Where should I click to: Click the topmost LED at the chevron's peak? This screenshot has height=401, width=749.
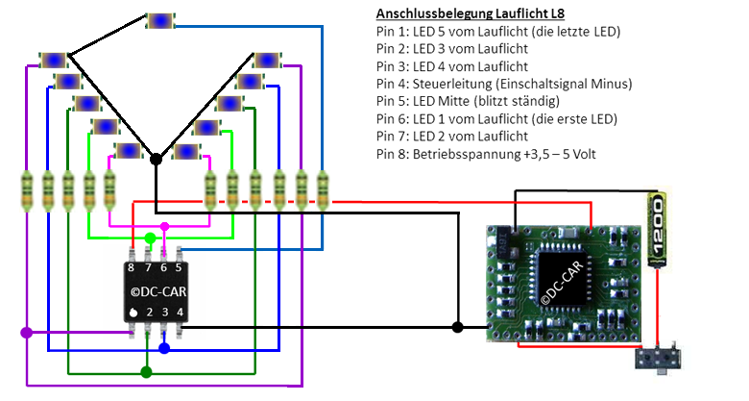(x=160, y=20)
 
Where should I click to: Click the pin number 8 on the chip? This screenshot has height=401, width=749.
(x=133, y=268)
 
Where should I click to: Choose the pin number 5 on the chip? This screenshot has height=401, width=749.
(x=179, y=268)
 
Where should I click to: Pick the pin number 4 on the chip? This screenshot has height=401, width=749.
(x=180, y=313)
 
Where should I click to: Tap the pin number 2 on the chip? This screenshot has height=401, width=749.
(x=149, y=313)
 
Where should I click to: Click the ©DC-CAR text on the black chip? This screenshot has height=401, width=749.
(x=157, y=290)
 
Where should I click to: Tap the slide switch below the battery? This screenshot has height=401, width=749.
(x=658, y=361)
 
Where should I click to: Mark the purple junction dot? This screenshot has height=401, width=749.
(x=26, y=333)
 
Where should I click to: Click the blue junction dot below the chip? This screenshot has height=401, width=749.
(x=164, y=347)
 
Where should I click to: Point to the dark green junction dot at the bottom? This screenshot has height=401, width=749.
(x=146, y=371)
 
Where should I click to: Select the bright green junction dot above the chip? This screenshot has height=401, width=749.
(x=150, y=238)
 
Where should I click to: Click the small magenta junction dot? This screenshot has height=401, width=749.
(x=164, y=227)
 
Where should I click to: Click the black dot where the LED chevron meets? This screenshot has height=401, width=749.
(x=155, y=159)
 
